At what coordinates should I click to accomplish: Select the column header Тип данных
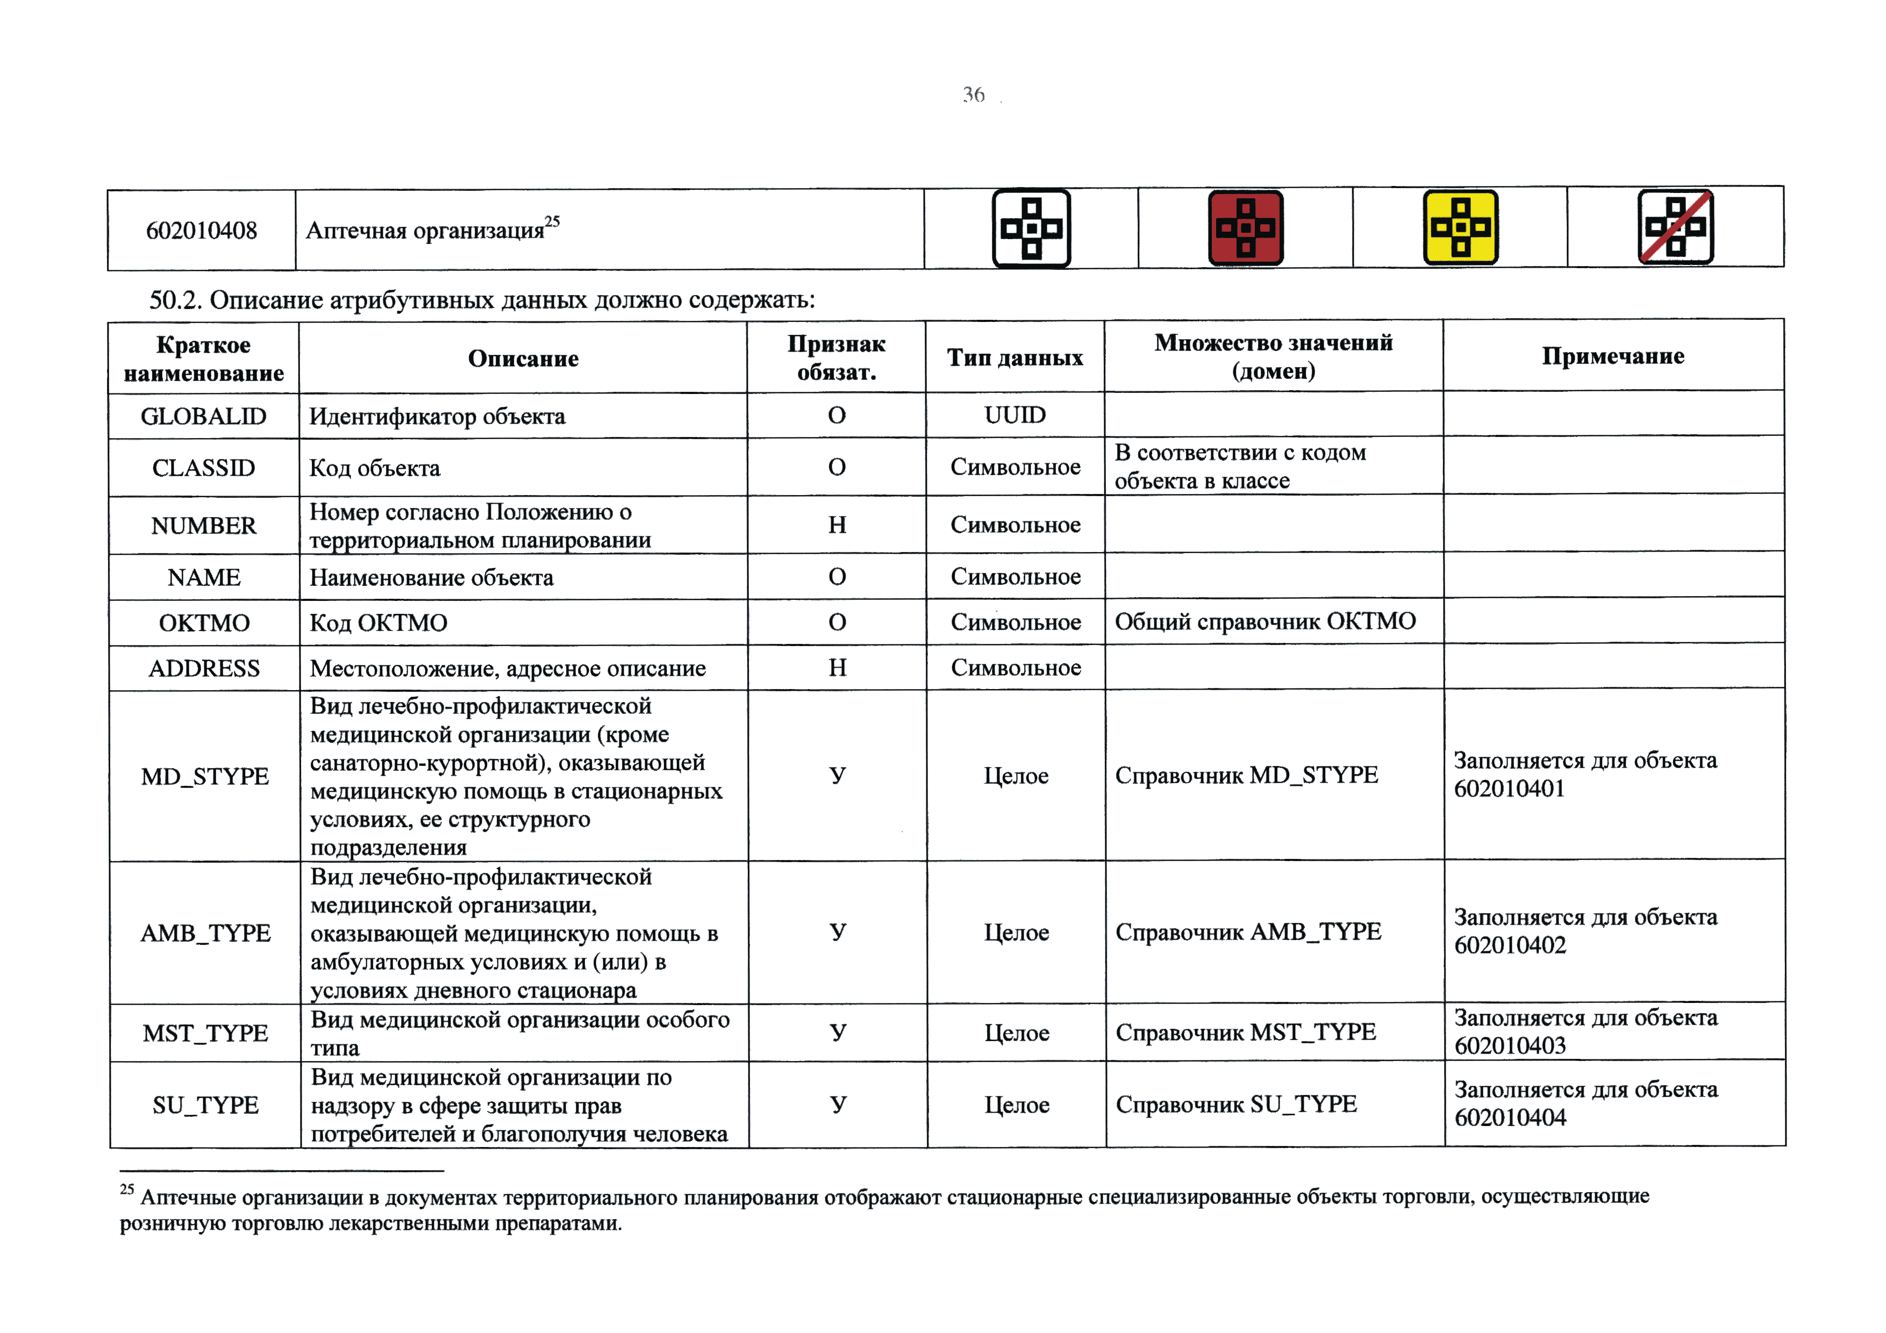(1015, 357)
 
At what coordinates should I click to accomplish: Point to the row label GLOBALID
(204, 417)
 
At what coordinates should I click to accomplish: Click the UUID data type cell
(1015, 415)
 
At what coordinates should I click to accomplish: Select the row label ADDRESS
(204, 669)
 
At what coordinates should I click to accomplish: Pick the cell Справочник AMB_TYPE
(1248, 931)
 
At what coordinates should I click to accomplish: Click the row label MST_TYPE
(205, 1033)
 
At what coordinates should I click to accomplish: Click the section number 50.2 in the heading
(174, 300)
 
